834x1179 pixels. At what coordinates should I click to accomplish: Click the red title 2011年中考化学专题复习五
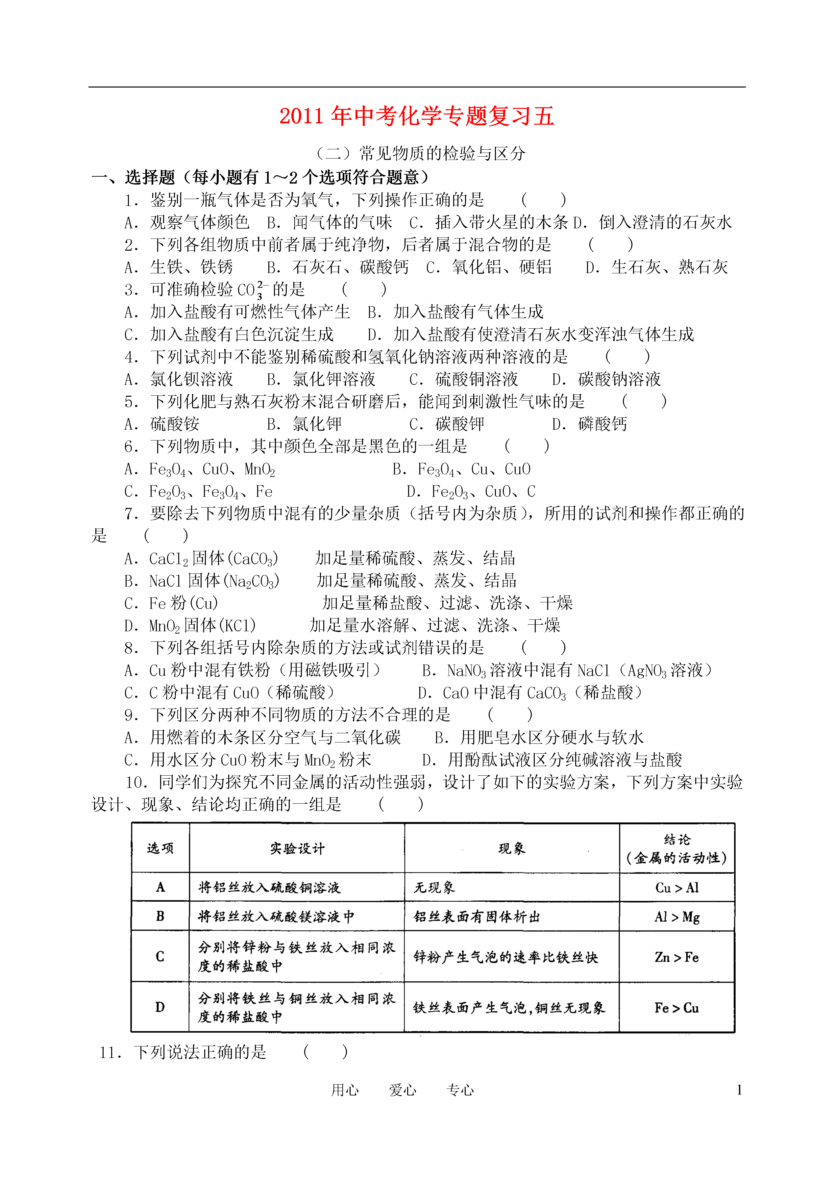pos(416,116)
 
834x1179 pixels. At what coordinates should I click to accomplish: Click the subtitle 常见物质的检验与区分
pos(442,153)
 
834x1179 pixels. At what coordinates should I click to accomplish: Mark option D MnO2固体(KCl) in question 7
pos(190,626)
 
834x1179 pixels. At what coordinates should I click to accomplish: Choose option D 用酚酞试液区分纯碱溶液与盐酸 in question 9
pos(552,760)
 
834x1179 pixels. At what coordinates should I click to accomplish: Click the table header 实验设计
pos(297,849)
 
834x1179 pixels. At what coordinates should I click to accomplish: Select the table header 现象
pos(511,849)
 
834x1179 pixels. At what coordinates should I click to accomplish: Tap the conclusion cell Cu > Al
pos(677,888)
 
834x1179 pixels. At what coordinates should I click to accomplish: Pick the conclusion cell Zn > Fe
pos(676,957)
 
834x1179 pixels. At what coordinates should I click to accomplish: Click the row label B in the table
pos(160,916)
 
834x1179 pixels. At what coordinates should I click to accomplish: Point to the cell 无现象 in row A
pos(434,888)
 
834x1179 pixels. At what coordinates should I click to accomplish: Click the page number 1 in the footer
pos(739,1090)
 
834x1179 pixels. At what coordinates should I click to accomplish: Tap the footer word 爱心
pos(402,1090)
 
